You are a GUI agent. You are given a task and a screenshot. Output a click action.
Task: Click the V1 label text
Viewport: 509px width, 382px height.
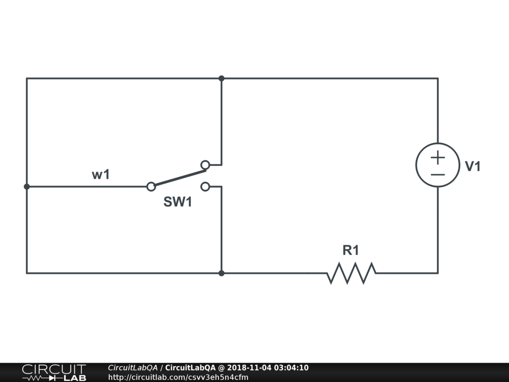pos(473,167)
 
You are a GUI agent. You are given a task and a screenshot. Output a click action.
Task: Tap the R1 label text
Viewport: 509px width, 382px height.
pos(350,250)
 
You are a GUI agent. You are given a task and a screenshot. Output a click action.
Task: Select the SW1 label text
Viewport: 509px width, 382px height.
pos(177,202)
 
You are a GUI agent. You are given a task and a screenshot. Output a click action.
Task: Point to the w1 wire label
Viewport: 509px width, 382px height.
pos(100,175)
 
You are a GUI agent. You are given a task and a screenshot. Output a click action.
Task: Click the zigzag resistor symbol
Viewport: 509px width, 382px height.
pos(351,273)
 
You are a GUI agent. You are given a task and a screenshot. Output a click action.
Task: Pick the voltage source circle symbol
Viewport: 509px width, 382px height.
pos(437,165)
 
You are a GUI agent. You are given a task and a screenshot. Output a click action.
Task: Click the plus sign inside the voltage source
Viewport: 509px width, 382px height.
pos(437,158)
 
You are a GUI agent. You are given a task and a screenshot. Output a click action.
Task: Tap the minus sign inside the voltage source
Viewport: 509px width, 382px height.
pos(437,174)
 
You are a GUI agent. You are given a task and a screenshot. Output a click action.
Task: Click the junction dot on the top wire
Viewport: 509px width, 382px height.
pos(221,78)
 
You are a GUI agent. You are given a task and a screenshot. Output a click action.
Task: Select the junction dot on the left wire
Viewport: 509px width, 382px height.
pos(27,187)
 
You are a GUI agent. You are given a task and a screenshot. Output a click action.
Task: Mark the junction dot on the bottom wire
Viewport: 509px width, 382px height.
pos(221,273)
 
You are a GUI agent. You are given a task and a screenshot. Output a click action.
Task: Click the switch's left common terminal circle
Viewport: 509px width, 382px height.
pos(151,187)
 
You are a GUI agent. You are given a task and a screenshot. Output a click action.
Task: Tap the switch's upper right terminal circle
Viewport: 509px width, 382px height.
pos(205,164)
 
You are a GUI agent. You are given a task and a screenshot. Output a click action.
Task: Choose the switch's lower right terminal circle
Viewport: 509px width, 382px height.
pos(205,187)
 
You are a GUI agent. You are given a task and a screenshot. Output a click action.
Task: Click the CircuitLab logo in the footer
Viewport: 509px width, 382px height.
pos(54,373)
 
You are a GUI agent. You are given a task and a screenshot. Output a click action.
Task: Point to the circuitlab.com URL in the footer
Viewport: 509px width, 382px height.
pos(178,377)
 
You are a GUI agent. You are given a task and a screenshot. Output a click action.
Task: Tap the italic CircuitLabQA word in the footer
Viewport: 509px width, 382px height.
pos(132,368)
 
